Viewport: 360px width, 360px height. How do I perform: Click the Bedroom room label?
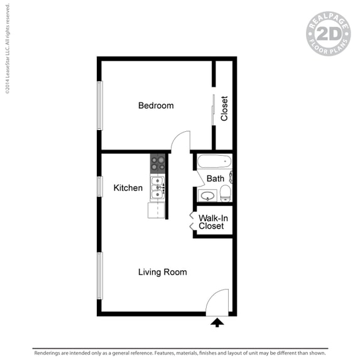coord(156,106)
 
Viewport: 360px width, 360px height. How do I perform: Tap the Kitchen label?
coord(128,188)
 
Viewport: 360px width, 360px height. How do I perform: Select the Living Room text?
coord(163,272)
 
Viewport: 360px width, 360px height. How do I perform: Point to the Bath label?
coord(215,178)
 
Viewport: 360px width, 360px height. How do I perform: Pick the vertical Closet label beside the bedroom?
coord(224,108)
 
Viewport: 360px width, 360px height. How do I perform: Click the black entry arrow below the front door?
coord(217,322)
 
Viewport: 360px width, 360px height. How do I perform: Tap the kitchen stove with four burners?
coord(158,163)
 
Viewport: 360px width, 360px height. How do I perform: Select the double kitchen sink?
coord(157,187)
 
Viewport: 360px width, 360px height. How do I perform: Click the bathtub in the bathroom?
coord(213,161)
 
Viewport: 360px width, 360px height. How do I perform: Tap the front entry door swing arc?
coord(217,300)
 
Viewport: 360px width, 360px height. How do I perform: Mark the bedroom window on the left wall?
coord(99,105)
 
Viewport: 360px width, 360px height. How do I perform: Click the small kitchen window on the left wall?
coord(99,187)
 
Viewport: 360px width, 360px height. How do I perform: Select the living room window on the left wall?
coord(99,275)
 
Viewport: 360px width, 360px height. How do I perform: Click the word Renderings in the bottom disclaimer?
coord(51,352)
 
